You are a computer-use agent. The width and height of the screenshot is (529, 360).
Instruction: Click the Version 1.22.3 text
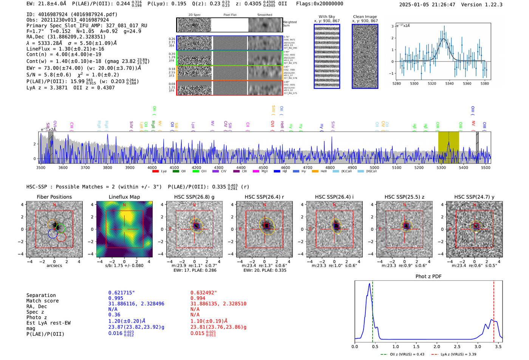[x=485, y=5]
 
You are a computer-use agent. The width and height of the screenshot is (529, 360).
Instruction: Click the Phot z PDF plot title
[x=428, y=277]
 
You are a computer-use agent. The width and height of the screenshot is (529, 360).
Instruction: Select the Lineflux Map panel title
[x=124, y=197]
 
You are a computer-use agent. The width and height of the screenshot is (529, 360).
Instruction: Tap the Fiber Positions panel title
[x=54, y=197]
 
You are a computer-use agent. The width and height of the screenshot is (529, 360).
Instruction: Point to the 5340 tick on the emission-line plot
[x=449, y=83]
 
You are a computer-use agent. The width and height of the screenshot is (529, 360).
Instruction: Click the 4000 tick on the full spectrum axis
[x=152, y=168]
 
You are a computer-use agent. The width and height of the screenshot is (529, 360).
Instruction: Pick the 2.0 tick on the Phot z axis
[x=437, y=346]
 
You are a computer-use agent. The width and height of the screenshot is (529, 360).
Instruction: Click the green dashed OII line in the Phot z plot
[x=372, y=310]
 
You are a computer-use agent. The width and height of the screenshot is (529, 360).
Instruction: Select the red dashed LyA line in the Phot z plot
[x=493, y=310]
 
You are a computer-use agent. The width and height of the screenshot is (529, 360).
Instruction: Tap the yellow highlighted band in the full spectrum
[x=449, y=147]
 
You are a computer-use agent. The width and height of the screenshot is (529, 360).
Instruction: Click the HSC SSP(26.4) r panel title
[x=264, y=197]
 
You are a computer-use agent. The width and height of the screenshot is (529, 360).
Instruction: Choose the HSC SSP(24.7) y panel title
[x=474, y=197]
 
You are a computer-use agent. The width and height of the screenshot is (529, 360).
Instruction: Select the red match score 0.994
[x=198, y=298]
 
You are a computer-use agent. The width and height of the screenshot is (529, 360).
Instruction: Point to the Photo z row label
[x=37, y=317]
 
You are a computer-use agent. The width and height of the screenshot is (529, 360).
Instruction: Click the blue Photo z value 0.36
[x=114, y=315]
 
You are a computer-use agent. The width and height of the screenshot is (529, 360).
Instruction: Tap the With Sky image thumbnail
[x=327, y=56]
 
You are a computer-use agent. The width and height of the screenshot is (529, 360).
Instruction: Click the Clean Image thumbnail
[x=365, y=56]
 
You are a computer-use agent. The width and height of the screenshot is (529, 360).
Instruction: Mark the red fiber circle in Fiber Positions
[x=61, y=237]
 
